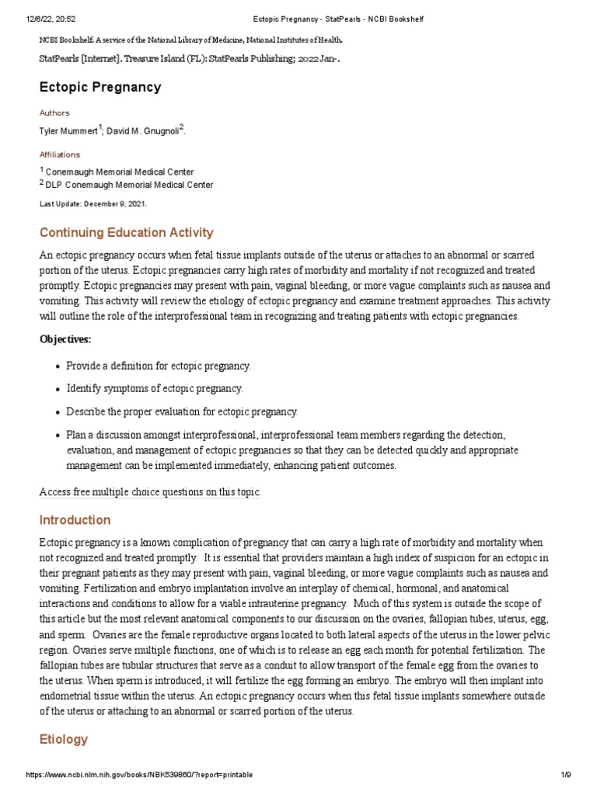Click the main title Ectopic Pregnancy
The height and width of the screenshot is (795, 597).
[x=100, y=87]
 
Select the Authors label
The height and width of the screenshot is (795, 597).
[x=54, y=113]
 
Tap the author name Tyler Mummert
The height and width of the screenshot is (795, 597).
[x=68, y=130]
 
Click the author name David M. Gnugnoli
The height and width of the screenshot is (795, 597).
[x=144, y=130]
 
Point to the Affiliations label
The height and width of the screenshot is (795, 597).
[x=60, y=154]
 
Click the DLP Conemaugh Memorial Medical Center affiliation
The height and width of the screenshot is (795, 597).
[x=129, y=185]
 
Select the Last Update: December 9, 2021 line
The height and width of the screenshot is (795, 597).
[x=93, y=203]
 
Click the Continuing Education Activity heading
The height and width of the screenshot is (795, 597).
[x=126, y=233]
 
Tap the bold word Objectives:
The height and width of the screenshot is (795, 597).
[x=65, y=339]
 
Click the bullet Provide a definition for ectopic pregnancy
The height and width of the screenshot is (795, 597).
[x=159, y=366]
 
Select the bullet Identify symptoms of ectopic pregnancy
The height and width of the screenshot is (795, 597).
[x=155, y=388]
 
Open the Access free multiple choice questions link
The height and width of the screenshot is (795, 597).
[x=150, y=492]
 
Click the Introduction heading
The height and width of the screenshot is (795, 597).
[x=75, y=520]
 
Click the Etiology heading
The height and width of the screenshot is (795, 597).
[x=63, y=740]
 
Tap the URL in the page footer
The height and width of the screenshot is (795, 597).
[x=139, y=776]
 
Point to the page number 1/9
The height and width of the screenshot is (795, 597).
[x=565, y=776]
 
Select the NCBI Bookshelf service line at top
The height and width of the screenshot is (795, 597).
[x=191, y=40]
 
